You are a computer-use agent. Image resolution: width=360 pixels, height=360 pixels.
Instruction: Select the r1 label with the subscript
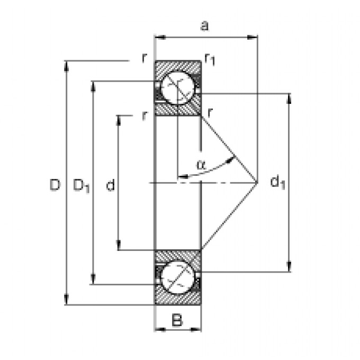click(210, 60)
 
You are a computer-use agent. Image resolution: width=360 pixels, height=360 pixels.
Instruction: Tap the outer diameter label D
click(55, 185)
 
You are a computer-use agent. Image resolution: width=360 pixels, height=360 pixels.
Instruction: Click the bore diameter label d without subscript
click(110, 185)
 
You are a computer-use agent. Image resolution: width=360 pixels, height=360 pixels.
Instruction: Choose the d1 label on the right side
click(278, 183)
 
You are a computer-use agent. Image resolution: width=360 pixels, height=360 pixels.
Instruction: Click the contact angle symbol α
click(200, 164)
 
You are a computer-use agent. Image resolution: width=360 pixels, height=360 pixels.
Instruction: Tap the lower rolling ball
click(177, 277)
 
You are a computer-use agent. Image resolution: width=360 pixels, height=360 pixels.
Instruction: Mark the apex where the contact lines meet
click(257, 182)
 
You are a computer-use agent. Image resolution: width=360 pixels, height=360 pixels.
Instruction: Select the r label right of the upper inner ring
click(210, 112)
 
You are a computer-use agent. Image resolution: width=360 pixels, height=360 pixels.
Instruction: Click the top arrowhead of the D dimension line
click(67, 65)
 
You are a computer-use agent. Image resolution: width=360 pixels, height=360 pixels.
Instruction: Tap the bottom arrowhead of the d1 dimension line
click(289, 268)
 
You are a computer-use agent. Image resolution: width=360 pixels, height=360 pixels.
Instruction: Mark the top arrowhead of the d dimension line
click(119, 118)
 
